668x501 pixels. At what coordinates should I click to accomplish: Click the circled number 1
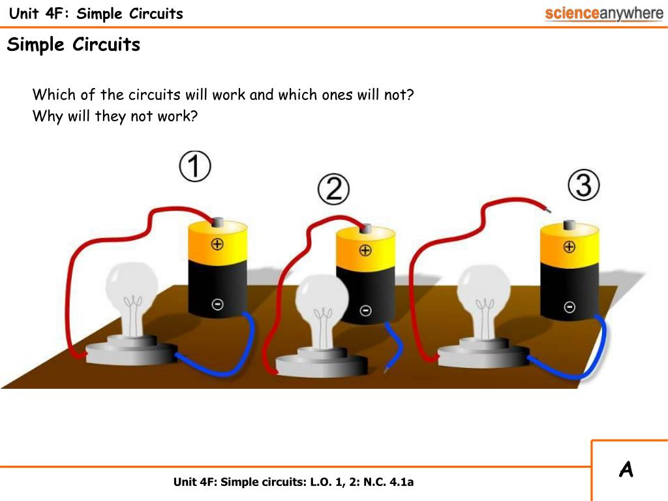[x=194, y=166]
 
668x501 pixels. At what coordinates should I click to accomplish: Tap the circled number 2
[x=333, y=189]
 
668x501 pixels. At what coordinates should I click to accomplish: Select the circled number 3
[x=584, y=185]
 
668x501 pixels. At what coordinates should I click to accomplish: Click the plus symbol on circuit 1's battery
[x=217, y=244]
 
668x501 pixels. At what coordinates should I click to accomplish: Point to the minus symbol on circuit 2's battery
[x=365, y=311]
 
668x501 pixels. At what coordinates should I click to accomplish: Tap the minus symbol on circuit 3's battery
[x=569, y=307]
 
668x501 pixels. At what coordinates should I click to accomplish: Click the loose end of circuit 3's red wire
[x=549, y=210]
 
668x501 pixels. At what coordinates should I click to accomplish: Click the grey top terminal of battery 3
[x=569, y=225]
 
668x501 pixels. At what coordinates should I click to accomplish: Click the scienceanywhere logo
[x=604, y=14]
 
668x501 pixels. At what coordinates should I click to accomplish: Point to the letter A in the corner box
[x=626, y=470]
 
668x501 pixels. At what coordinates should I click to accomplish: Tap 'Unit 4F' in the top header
[x=36, y=13]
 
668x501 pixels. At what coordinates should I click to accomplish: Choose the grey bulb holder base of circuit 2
[x=322, y=365]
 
